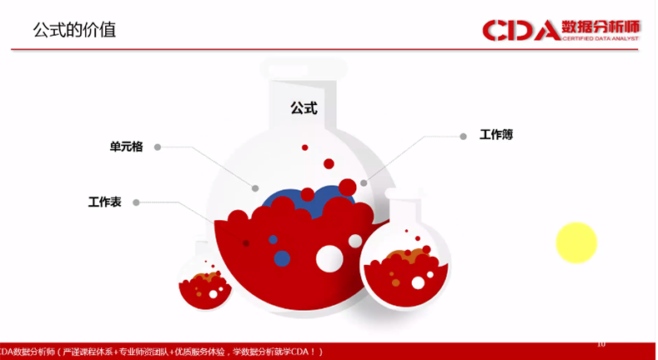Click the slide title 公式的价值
pyautogui.click(x=74, y=31)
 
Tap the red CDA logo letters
pyautogui.click(x=521, y=32)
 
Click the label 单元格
pyautogui.click(x=127, y=147)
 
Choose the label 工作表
pyautogui.click(x=105, y=202)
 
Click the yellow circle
pyautogui.click(x=576, y=242)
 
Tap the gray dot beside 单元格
pyautogui.click(x=157, y=147)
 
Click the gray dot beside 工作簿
pyautogui.click(x=463, y=135)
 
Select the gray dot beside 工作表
pyautogui.click(x=136, y=202)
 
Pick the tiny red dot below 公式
pyautogui.click(x=304, y=147)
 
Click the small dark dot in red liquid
pyautogui.click(x=245, y=242)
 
